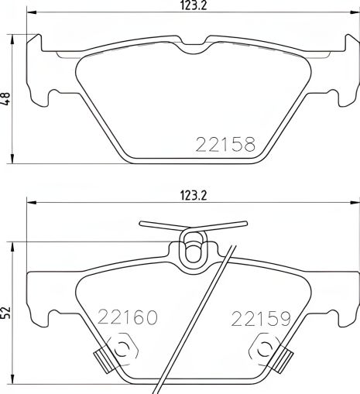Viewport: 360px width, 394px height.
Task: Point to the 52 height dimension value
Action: tap(7, 310)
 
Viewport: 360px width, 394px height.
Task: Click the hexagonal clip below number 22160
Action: tap(121, 351)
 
